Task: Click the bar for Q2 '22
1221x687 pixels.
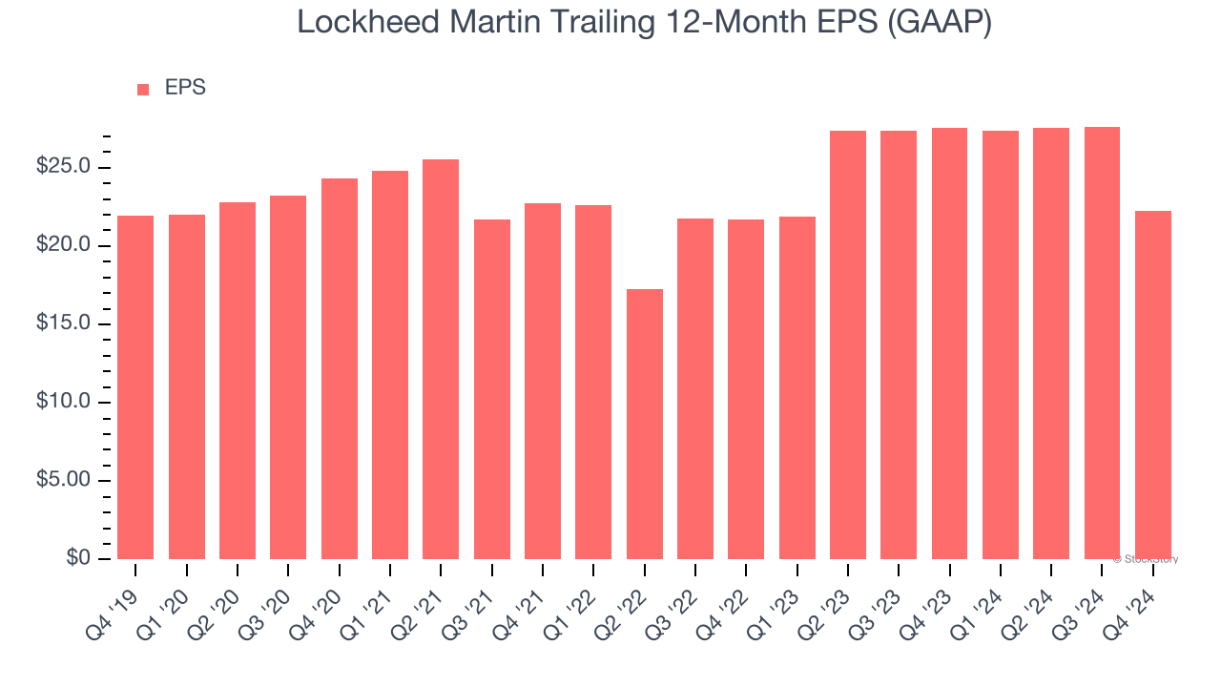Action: [x=645, y=424]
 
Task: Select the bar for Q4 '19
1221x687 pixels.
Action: [x=135, y=386]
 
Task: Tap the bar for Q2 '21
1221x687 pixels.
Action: [x=441, y=359]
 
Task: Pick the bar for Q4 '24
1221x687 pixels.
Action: [x=1153, y=385]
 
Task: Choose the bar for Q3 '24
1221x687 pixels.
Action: [x=1102, y=343]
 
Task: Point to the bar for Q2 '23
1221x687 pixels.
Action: [x=848, y=344]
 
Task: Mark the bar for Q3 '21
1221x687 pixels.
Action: [x=492, y=388]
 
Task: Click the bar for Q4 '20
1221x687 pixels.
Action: [x=340, y=368]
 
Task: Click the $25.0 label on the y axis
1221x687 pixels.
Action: [x=63, y=167]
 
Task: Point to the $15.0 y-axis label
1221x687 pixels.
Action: [x=63, y=323]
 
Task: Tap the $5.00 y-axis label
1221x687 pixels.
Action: [x=63, y=480]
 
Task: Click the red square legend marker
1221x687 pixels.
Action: [x=143, y=89]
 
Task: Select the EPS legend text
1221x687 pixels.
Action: [x=185, y=88]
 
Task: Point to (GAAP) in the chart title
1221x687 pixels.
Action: [x=940, y=22]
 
